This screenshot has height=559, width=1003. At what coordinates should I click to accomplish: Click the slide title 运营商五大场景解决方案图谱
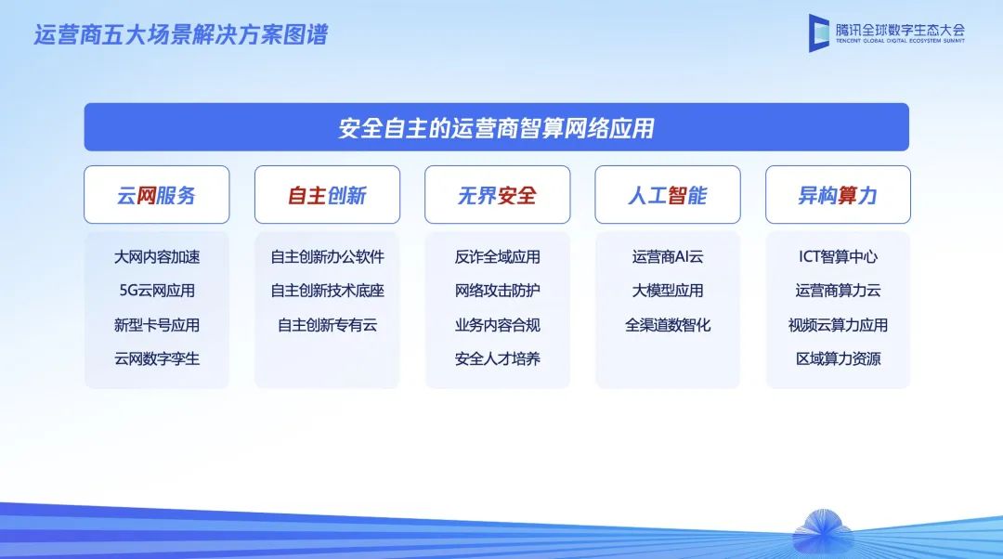181,34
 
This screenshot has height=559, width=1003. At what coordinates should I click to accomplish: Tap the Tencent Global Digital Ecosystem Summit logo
887,32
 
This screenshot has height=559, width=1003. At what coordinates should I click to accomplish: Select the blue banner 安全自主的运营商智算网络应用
496,127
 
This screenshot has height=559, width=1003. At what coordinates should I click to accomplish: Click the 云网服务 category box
157,194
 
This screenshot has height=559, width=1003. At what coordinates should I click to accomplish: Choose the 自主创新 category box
328,194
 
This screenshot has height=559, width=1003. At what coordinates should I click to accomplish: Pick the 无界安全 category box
498,194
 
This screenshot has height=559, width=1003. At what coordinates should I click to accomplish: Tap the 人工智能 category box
668,194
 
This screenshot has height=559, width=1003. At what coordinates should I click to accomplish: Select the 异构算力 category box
838,194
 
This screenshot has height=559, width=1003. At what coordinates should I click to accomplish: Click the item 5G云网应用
157,291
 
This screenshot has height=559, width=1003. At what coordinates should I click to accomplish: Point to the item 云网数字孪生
157,358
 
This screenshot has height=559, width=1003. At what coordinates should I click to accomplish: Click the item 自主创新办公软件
328,257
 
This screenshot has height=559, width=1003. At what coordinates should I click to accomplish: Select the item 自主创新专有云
328,325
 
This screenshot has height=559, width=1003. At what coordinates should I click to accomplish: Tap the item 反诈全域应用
498,257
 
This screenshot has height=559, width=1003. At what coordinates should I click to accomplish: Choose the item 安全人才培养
498,358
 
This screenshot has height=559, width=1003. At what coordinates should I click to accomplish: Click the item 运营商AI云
668,257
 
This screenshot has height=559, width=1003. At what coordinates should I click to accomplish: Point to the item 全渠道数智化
668,325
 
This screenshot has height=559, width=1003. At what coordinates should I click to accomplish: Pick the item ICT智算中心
838,257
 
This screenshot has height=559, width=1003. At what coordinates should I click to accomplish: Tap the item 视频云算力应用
838,325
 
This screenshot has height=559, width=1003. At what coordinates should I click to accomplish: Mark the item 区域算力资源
838,358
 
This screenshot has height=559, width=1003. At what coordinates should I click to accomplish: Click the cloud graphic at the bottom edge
823,533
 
